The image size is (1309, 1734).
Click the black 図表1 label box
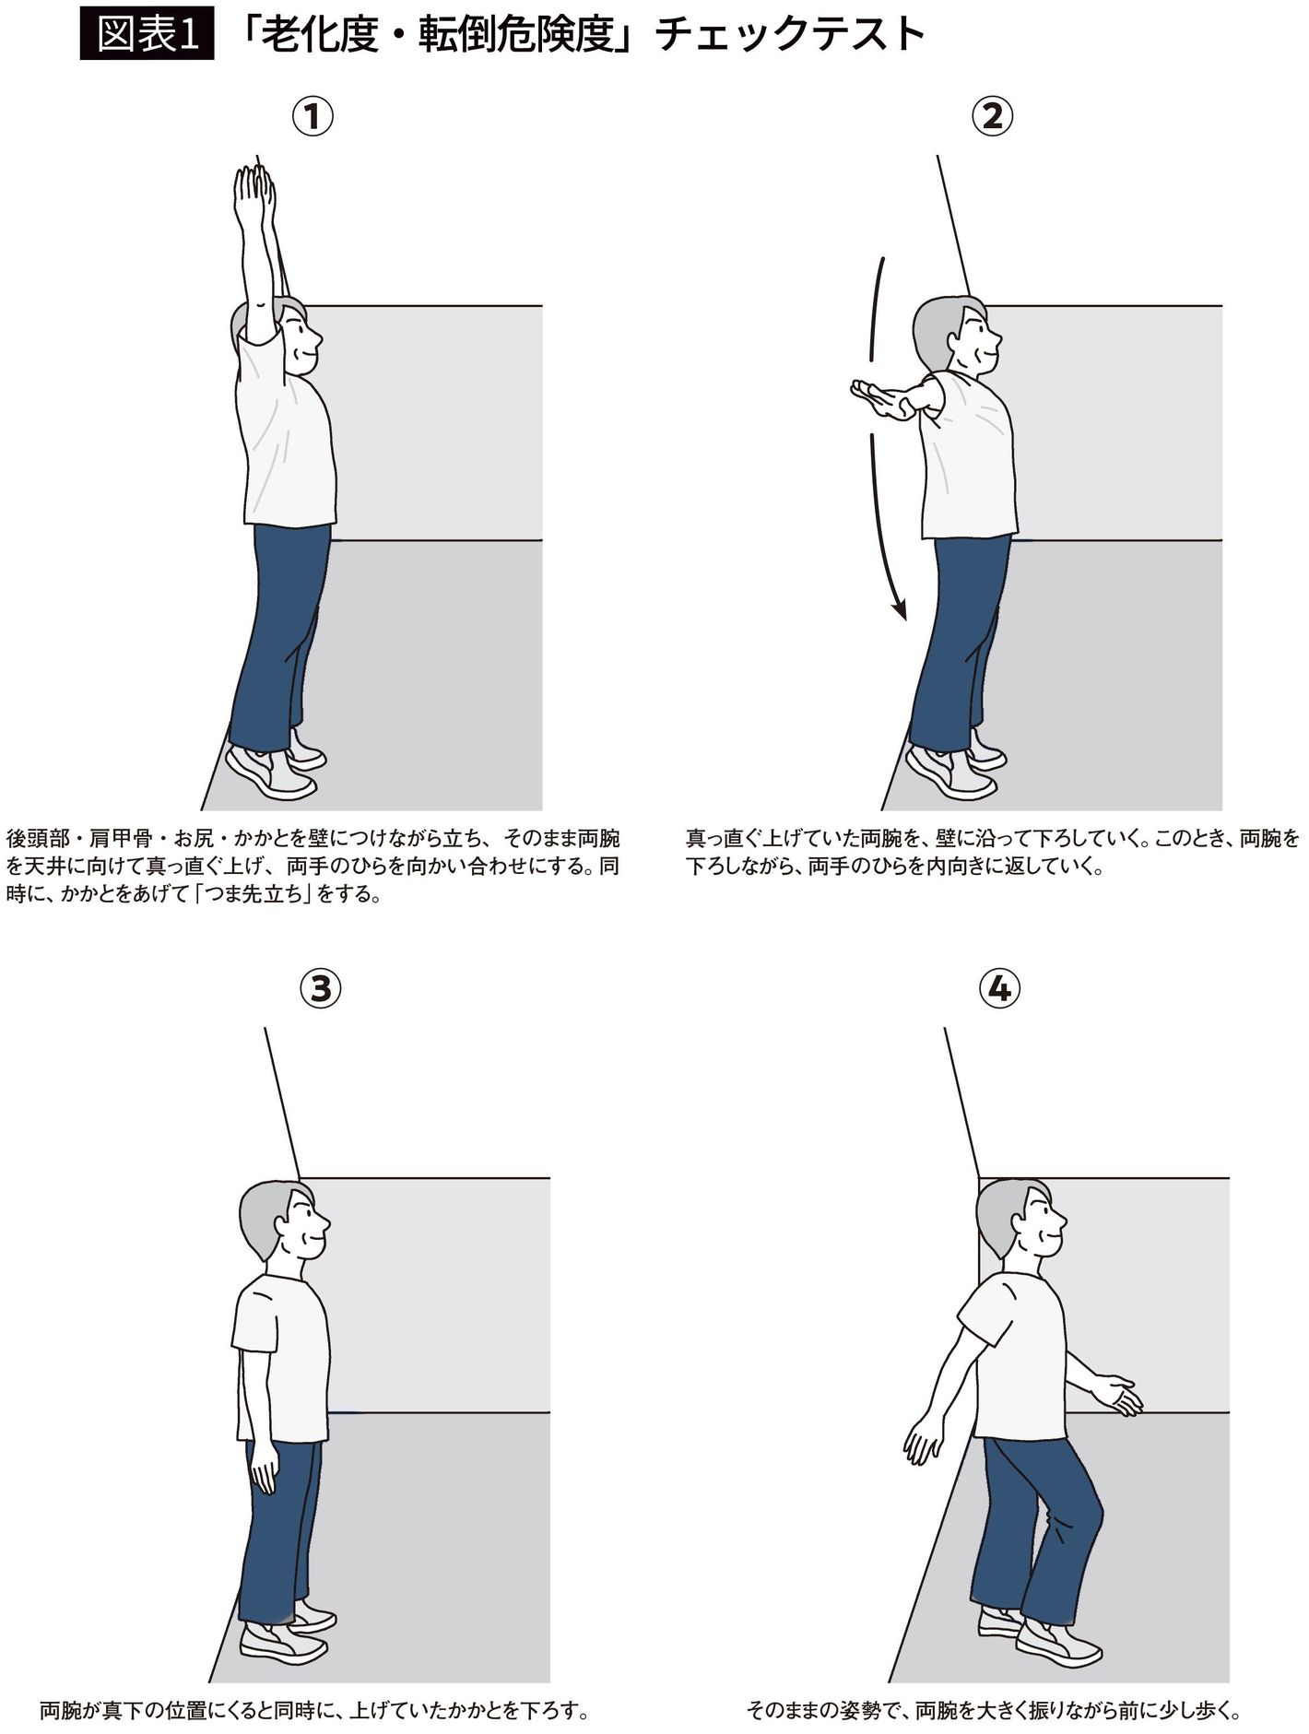(x=147, y=35)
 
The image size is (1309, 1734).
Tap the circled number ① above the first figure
(x=313, y=117)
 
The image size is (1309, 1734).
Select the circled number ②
(x=992, y=117)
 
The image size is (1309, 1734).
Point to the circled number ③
(x=320, y=989)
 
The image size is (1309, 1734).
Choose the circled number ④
(x=999, y=989)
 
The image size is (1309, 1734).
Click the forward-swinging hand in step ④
(x=1118, y=1395)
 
